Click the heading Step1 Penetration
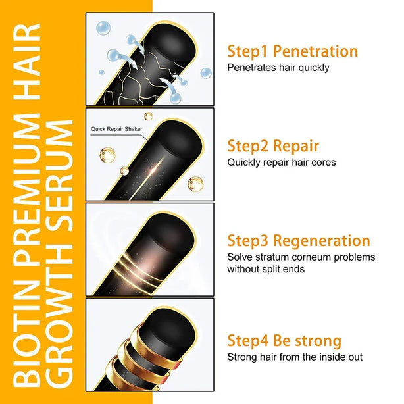(292, 51)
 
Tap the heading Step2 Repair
(273, 146)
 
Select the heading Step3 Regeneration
(299, 241)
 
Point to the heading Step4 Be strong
(284, 341)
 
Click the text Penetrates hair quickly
(278, 68)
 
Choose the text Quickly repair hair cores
(282, 163)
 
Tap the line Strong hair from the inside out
(295, 357)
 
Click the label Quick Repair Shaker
(116, 129)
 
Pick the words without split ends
(266, 269)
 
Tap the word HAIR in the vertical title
(27, 62)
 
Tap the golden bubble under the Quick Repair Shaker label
(107, 155)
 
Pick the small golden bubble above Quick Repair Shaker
(148, 116)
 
